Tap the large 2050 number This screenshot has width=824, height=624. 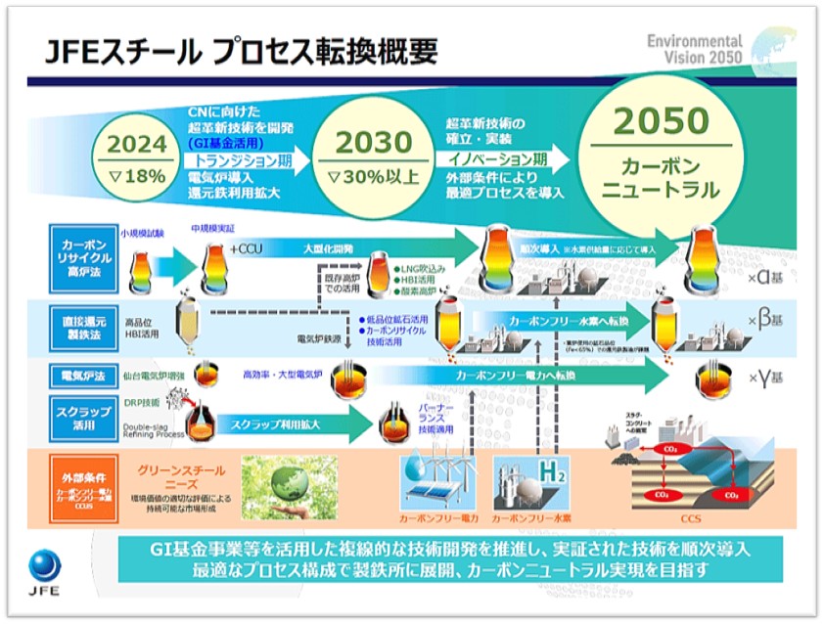661,121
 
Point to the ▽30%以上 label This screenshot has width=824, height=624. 369,176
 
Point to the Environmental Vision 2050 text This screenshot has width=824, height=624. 694,50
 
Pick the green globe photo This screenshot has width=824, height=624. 289,486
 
